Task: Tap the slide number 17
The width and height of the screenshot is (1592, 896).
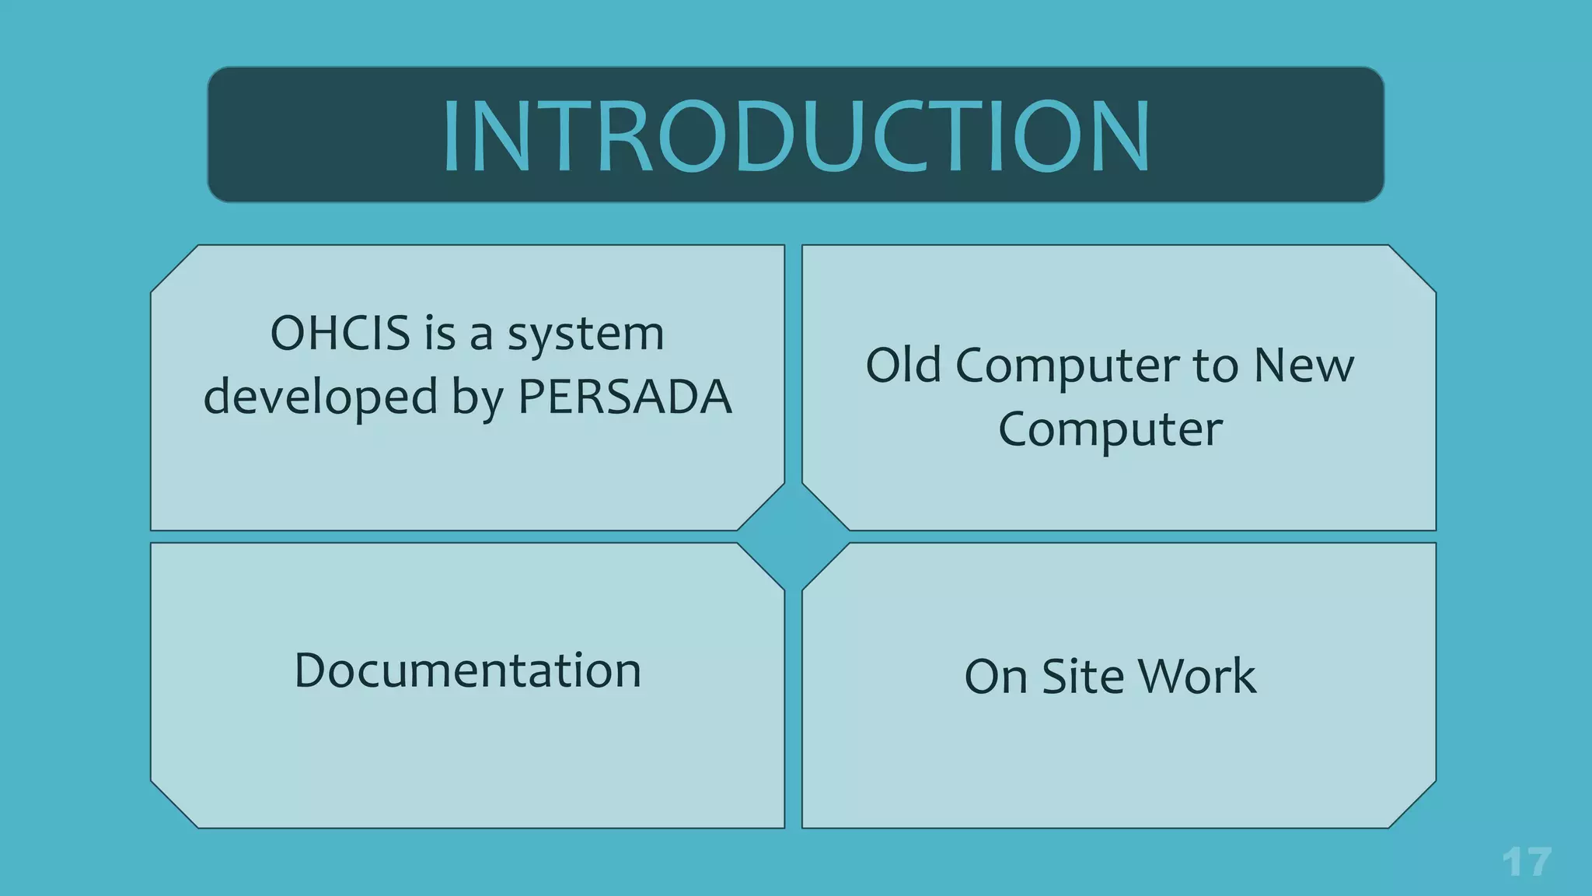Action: coord(1527,862)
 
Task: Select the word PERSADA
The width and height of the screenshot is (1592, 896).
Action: coord(625,397)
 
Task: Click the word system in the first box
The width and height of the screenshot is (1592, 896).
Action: coord(586,335)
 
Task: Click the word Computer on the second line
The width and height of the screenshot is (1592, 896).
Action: coord(1110,429)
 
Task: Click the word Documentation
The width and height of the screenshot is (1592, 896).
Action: coord(467,670)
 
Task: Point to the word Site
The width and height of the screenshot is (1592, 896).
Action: coord(1081,676)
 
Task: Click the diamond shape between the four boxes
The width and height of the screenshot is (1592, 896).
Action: coord(794,537)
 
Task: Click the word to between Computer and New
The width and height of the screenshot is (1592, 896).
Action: coord(1217,366)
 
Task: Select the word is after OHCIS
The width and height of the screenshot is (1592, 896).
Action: coord(440,334)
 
